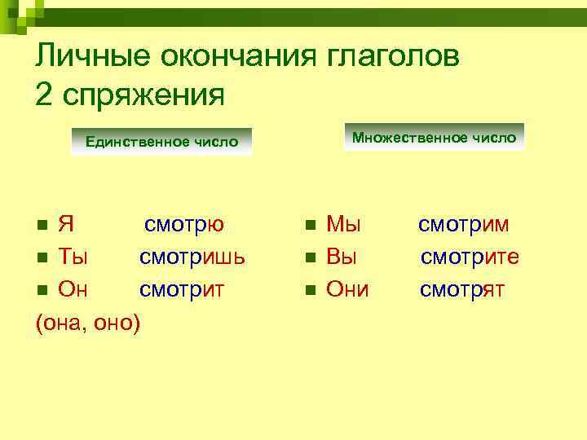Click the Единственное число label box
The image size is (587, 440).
(161, 142)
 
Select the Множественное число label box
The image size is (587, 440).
(434, 137)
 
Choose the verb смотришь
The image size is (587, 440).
(192, 257)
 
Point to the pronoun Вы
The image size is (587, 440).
(342, 257)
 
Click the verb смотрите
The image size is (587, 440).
(470, 257)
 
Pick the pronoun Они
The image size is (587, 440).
(348, 289)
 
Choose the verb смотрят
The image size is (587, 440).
(461, 289)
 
